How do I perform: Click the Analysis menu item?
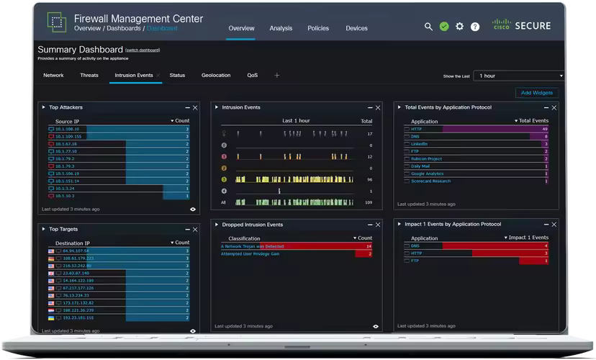(281, 29)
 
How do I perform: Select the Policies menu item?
(318, 29)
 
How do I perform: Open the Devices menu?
(356, 29)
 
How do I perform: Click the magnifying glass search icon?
(428, 27)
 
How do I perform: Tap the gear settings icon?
(459, 27)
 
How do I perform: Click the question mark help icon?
(475, 27)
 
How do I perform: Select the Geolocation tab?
(216, 75)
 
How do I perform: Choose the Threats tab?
(89, 75)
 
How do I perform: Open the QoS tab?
(252, 75)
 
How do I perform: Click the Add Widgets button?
(536, 93)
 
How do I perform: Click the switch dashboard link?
(143, 50)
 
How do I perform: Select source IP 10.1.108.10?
(68, 129)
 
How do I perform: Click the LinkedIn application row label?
(419, 144)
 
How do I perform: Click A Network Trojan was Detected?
(253, 246)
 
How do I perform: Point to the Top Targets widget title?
(63, 229)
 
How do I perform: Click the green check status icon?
(444, 27)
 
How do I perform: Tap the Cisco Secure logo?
(522, 26)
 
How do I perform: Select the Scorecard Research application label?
(430, 181)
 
